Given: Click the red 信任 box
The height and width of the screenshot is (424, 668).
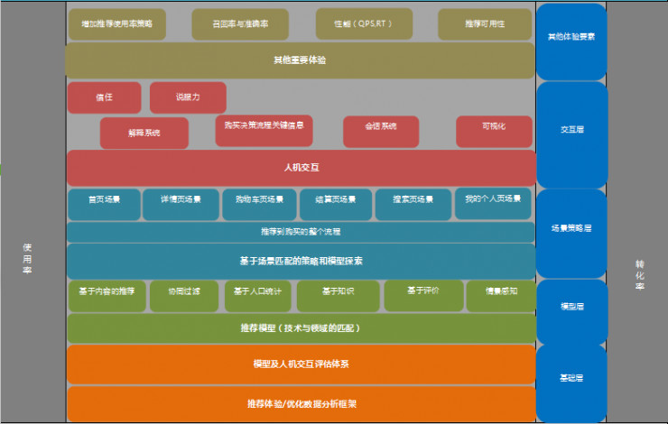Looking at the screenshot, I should pyautogui.click(x=104, y=97).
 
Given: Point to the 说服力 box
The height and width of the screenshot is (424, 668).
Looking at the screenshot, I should pyautogui.click(x=188, y=97).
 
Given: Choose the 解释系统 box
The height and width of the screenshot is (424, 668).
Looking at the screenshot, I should pyautogui.click(x=144, y=133).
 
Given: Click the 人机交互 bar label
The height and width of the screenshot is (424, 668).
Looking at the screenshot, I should pyautogui.click(x=301, y=168).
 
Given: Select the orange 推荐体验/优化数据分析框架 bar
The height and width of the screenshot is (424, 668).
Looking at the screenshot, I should pyautogui.click(x=301, y=404).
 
